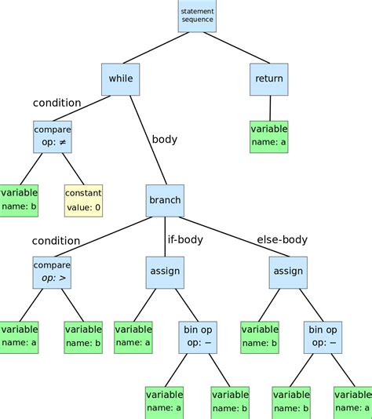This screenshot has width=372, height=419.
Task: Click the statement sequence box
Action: (197, 16)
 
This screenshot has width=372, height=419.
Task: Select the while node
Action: (120, 79)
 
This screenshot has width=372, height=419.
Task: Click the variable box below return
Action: (269, 137)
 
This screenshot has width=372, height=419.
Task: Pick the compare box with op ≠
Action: (52, 137)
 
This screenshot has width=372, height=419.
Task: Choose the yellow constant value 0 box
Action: (83, 201)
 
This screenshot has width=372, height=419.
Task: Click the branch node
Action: (165, 200)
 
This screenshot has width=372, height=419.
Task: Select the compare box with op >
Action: (52, 271)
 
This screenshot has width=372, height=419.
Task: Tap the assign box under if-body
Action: (165, 271)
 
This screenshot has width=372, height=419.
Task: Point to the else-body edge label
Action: (283, 239)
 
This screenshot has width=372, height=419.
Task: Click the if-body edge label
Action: (185, 239)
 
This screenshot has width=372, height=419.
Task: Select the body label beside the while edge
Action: (164, 140)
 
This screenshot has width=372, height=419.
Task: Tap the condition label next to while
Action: (57, 103)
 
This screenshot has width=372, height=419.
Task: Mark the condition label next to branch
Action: (56, 240)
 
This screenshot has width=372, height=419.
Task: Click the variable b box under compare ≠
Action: (20, 201)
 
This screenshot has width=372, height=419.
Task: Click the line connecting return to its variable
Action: (270, 107)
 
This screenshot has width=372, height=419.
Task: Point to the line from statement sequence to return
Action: (234, 48)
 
